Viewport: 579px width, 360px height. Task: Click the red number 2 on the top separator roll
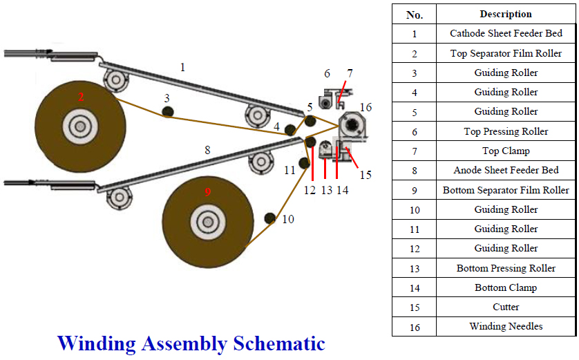point(81,97)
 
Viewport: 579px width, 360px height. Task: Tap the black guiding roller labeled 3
point(167,112)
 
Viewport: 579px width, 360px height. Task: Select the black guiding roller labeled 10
point(269,219)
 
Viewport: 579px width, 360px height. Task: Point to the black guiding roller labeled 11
point(303,162)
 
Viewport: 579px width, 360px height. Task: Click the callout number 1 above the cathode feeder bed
point(182,67)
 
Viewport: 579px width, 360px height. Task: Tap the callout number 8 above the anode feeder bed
point(207,149)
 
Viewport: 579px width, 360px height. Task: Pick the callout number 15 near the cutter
point(365,175)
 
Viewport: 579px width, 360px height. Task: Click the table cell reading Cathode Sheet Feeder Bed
point(506,33)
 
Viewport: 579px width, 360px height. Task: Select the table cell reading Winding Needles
point(506,326)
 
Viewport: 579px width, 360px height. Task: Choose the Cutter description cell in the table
point(506,307)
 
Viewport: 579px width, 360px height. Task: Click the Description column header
point(506,14)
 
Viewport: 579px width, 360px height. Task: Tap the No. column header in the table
point(414,14)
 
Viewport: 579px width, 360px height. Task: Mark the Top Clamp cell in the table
point(506,151)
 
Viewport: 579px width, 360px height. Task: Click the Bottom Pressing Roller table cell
point(506,268)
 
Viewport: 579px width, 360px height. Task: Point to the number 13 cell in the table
point(414,268)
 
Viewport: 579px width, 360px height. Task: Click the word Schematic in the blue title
point(279,343)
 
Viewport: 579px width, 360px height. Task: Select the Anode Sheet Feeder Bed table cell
point(506,170)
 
